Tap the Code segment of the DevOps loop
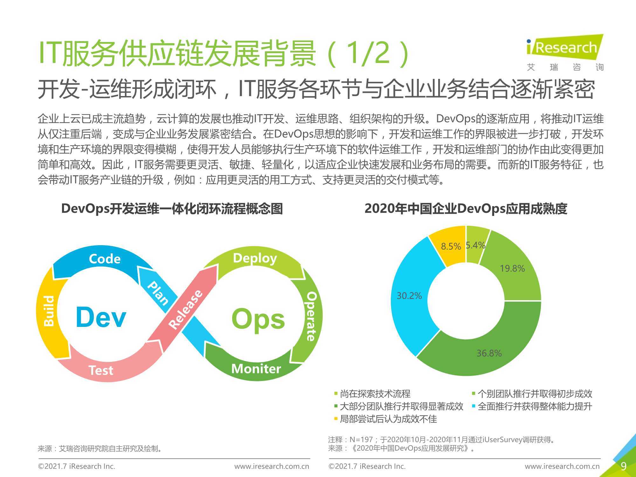(105, 259)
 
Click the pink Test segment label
(101, 370)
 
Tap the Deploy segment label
(255, 258)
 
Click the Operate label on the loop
(311, 316)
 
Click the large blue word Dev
(101, 317)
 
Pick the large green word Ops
(258, 319)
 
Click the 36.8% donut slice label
(489, 353)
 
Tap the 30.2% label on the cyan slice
(409, 296)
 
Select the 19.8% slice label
(512, 268)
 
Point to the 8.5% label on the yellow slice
(451, 246)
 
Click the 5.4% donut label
(475, 245)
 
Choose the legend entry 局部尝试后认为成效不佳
(385, 419)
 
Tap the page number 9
(624, 466)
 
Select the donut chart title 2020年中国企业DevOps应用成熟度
(466, 209)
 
